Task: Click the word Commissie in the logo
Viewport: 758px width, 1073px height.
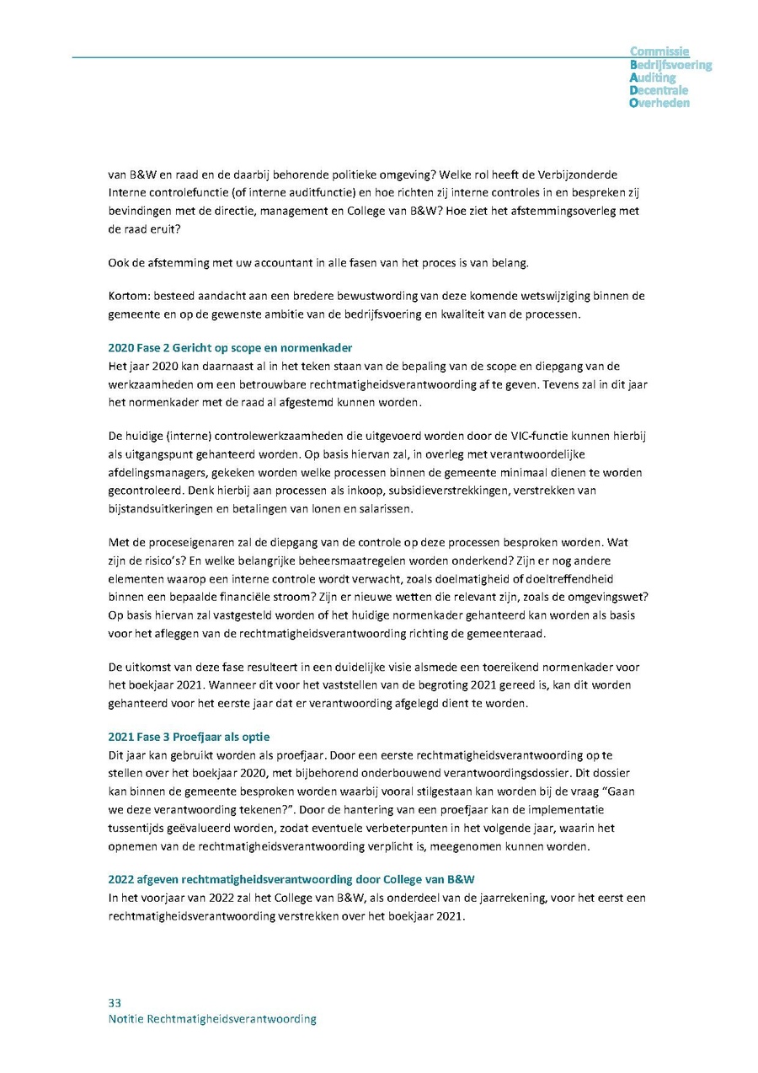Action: pos(659,51)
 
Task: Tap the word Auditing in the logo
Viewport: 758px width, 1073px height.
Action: pos(653,78)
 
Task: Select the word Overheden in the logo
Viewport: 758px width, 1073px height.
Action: pos(659,103)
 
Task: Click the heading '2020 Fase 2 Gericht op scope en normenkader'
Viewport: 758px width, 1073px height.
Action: pos(231,348)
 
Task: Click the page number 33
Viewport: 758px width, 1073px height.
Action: pos(115,1003)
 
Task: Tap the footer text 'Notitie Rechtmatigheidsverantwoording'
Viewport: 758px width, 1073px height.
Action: pos(212,1019)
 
